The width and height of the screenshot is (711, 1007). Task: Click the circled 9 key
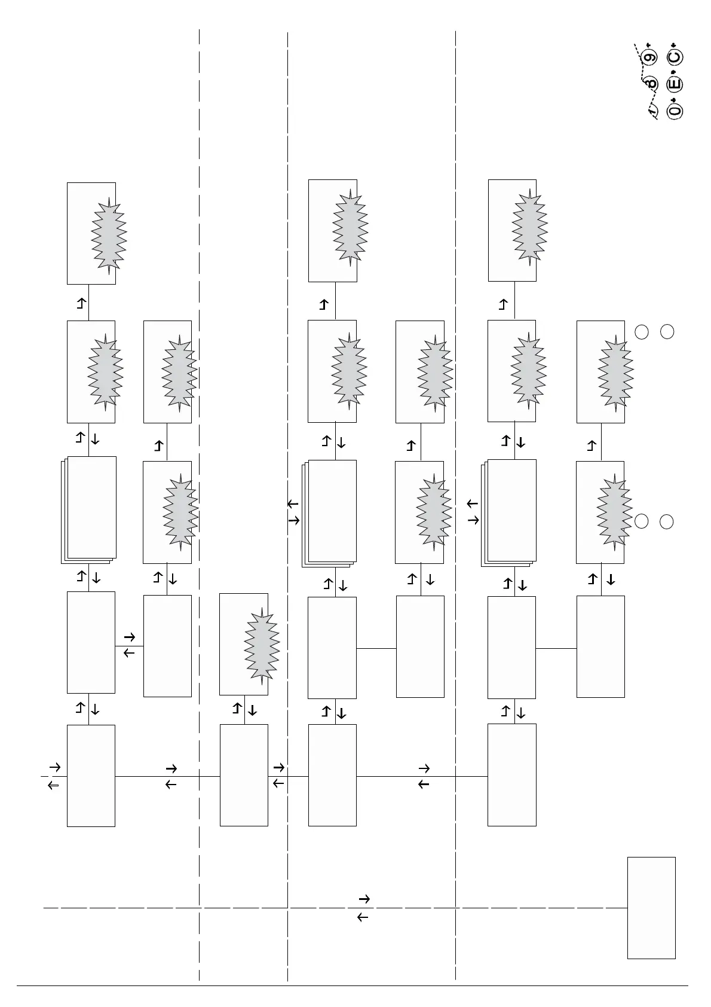(650, 57)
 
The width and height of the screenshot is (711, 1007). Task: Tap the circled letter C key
(675, 57)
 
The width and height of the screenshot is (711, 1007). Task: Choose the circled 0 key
(675, 111)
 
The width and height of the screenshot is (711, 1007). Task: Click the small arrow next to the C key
(673, 46)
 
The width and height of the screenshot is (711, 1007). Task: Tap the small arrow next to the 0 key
(673, 99)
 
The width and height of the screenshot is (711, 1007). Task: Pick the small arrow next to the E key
(673, 72)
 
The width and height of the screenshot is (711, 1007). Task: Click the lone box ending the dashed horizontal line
(651, 908)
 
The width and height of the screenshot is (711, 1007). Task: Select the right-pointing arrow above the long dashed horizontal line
(364, 899)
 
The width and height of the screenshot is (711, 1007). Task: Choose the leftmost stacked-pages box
(89, 509)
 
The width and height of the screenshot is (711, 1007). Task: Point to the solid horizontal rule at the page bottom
(353, 986)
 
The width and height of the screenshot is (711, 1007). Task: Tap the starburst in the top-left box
(109, 235)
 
